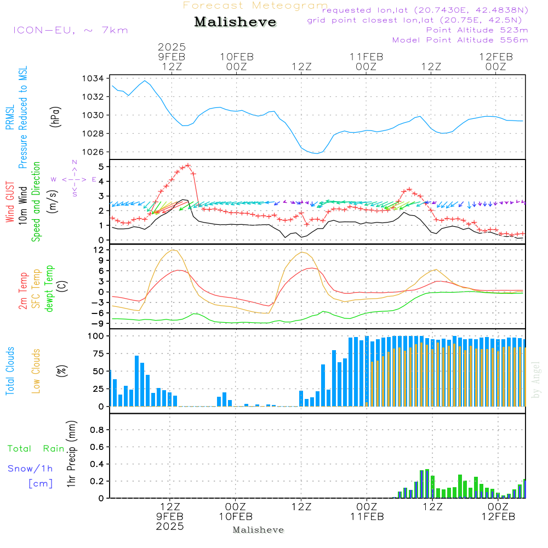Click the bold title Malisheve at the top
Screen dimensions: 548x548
click(x=235, y=22)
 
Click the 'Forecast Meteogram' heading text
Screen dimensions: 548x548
click(x=255, y=5)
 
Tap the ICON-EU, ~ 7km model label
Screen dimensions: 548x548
click(x=70, y=30)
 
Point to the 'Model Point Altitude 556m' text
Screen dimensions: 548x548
click(x=460, y=40)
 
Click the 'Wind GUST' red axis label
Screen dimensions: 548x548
click(x=10, y=202)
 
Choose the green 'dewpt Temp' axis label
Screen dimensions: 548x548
click(x=49, y=289)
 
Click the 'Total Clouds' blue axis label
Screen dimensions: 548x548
click(x=10, y=371)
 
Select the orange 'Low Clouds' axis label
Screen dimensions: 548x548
click(x=36, y=371)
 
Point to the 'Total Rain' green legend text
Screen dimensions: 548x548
click(x=36, y=448)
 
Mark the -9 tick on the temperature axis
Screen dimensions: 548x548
click(x=98, y=323)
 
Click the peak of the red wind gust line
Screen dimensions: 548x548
click(x=188, y=164)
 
